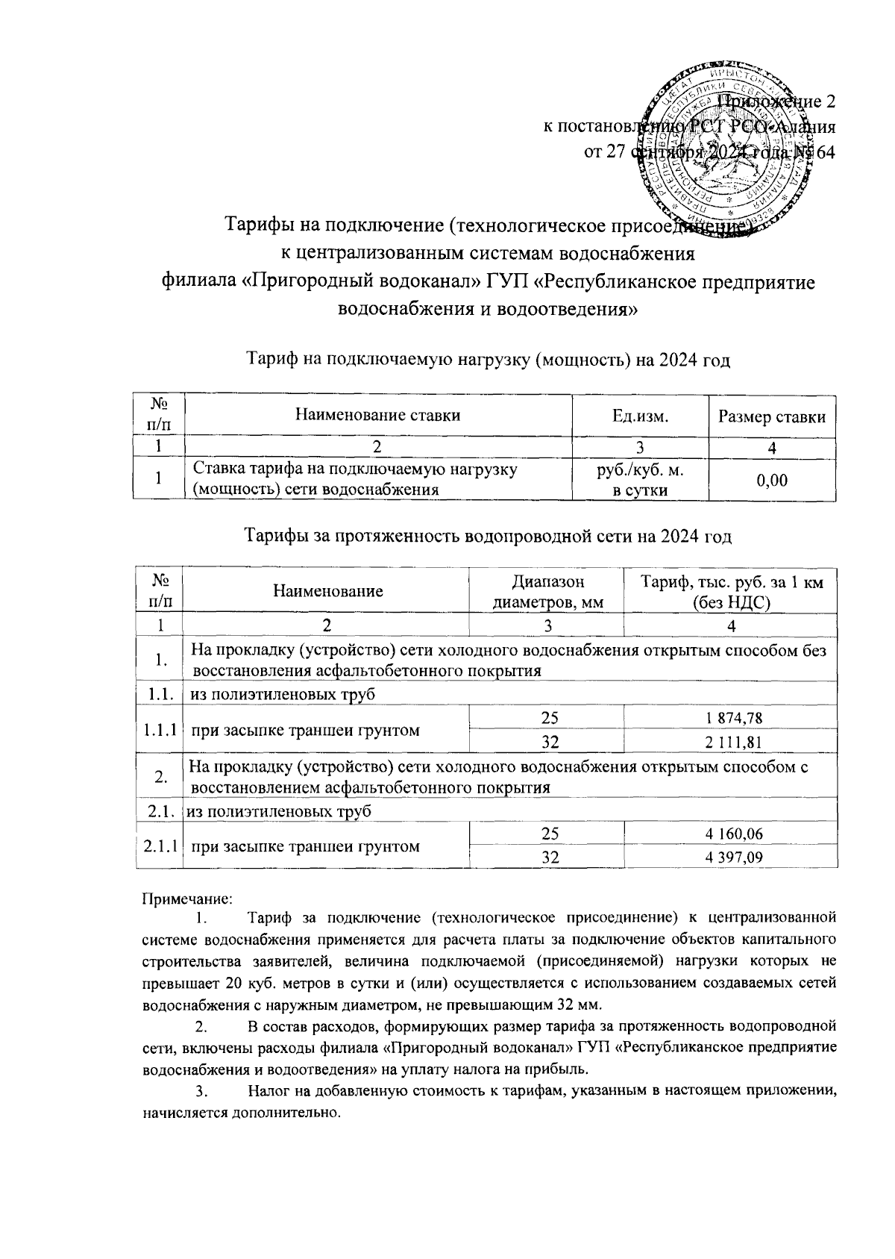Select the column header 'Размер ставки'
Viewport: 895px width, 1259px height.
[x=771, y=416]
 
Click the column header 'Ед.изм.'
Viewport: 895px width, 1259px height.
[x=639, y=416]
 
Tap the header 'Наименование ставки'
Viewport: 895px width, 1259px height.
[x=378, y=416]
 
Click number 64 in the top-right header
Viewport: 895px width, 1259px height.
[x=826, y=152]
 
